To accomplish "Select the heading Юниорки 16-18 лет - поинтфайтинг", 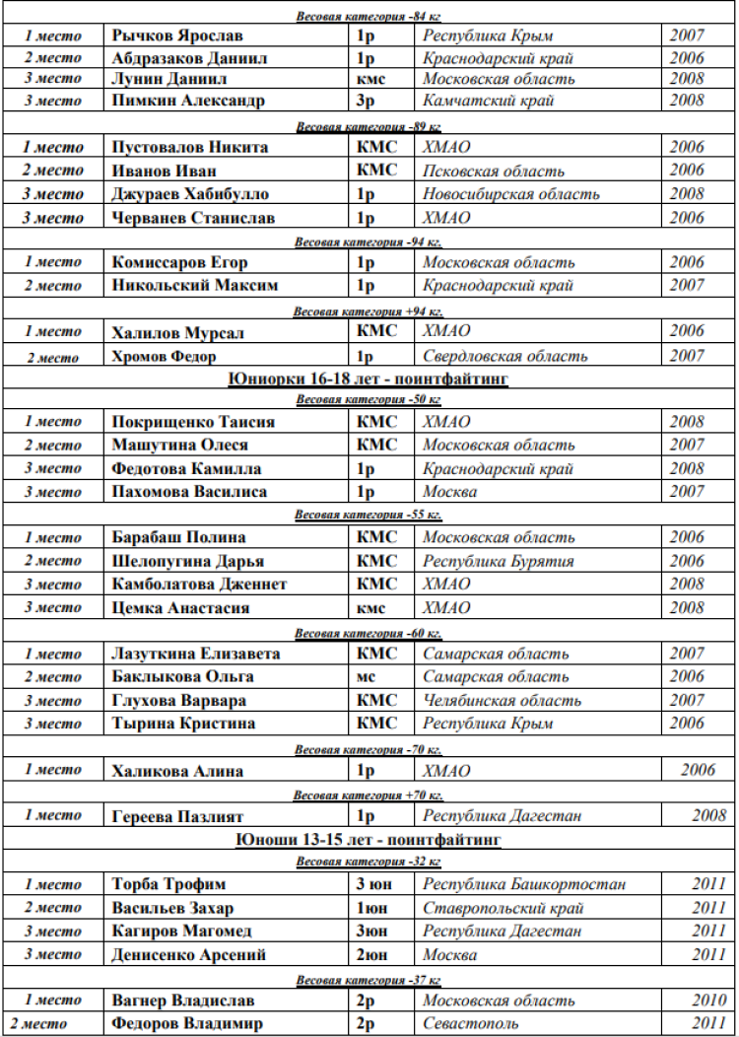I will click(368, 379).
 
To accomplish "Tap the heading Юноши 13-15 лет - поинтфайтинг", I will click(369, 840).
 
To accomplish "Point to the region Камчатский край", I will click(489, 101).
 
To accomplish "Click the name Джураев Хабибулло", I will click(190, 194).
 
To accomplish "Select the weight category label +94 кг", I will click(368, 311).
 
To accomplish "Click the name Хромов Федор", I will click(164, 356).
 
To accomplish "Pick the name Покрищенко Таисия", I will click(193, 422).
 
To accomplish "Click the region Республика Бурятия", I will click(499, 561).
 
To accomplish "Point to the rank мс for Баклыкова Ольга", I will click(365, 677).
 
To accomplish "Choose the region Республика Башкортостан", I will click(524, 884).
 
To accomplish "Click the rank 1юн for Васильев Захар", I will click(371, 908).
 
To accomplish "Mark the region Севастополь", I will click(471, 1024).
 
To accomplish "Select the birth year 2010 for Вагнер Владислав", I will click(708, 1001).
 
